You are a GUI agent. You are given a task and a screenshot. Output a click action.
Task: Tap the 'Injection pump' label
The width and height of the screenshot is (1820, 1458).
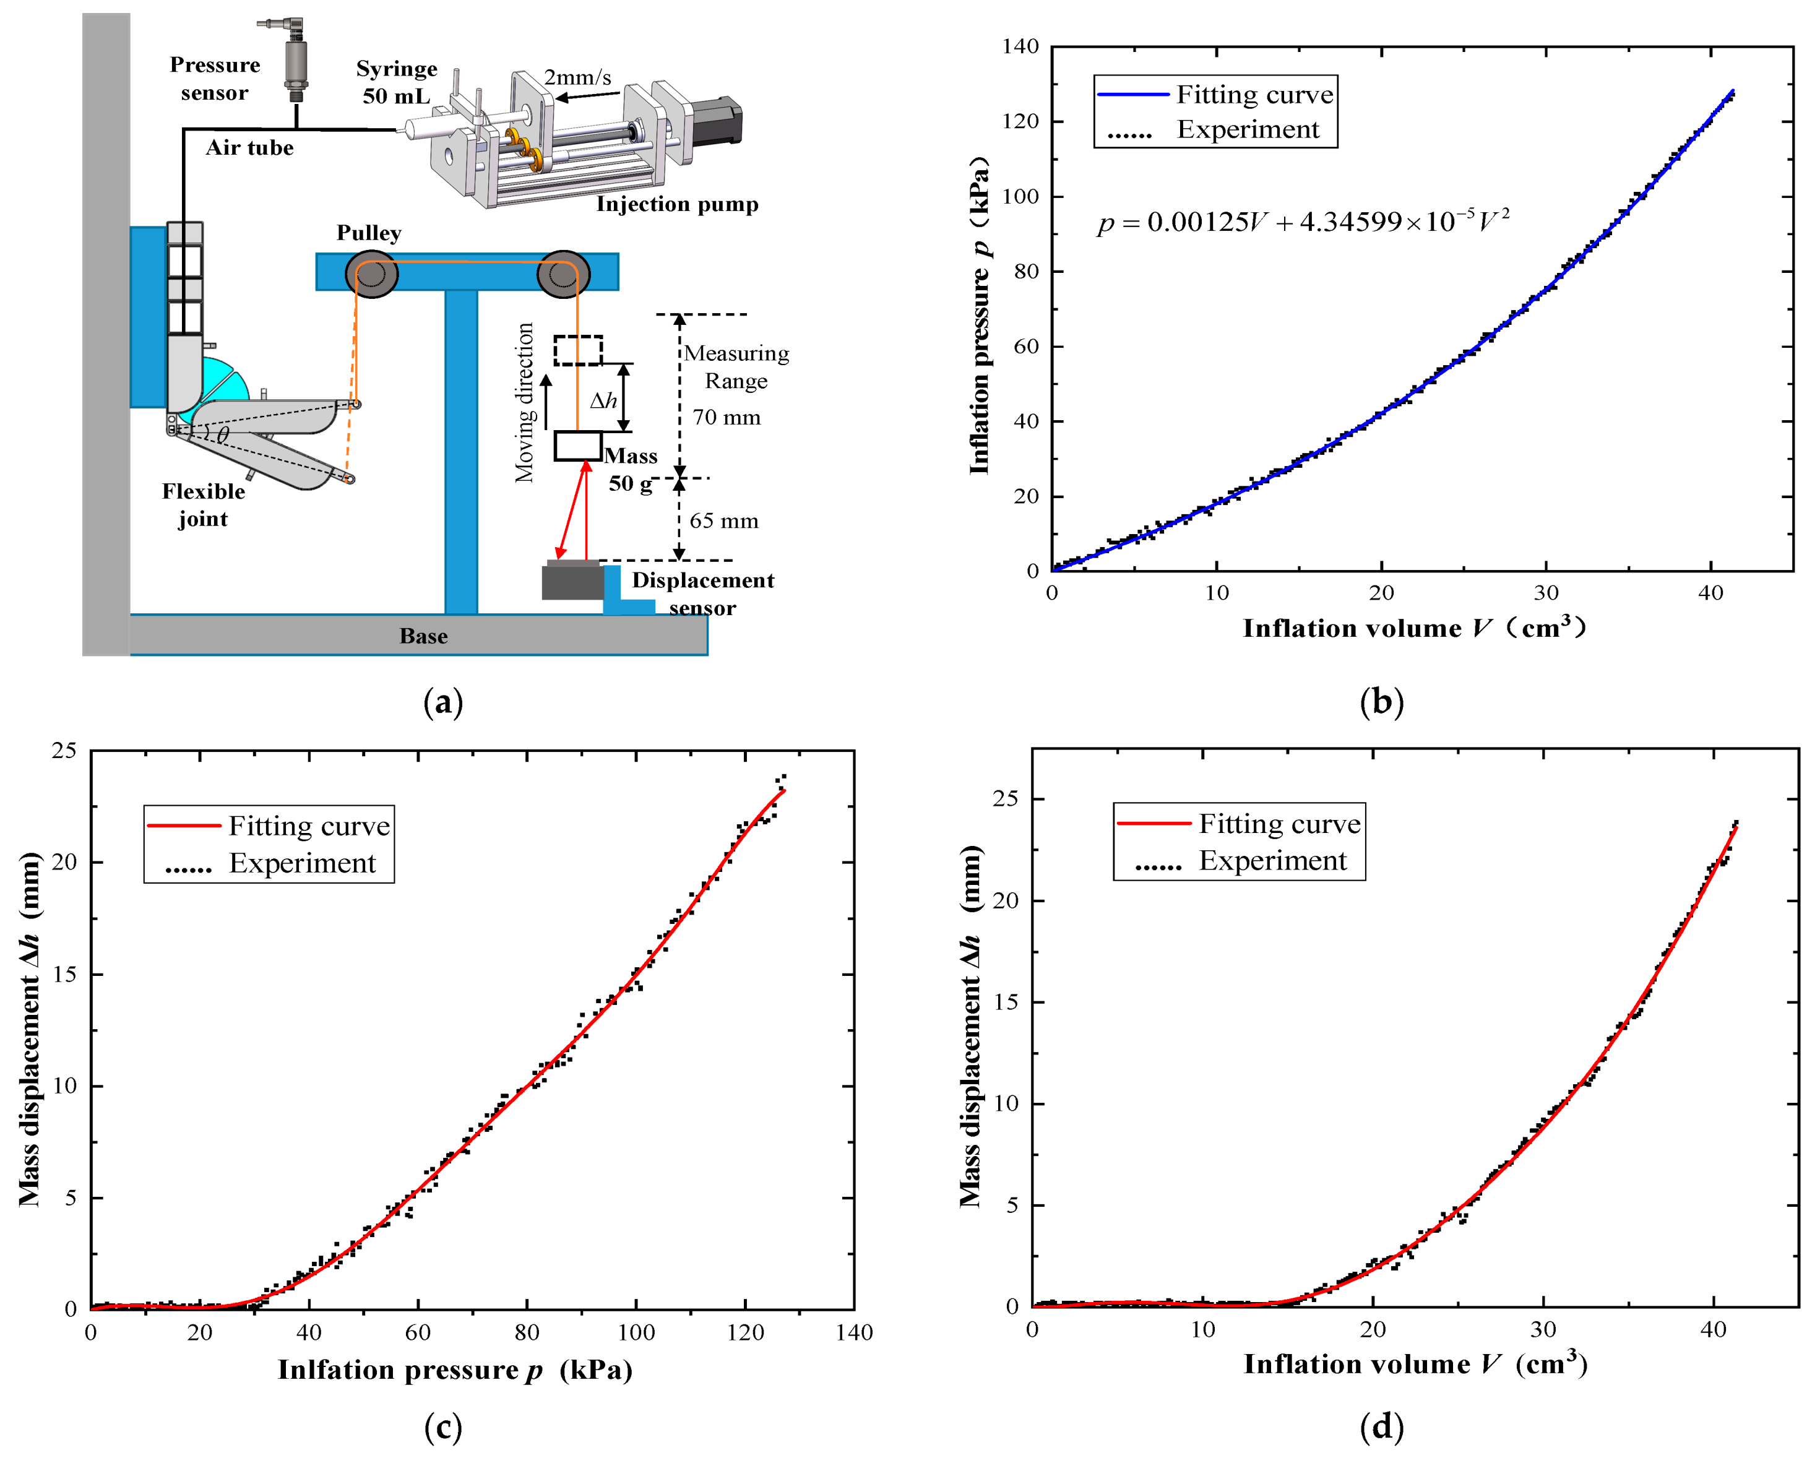pyautogui.click(x=677, y=204)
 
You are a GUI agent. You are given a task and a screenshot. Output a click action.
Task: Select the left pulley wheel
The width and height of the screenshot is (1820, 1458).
pyautogui.click(x=371, y=274)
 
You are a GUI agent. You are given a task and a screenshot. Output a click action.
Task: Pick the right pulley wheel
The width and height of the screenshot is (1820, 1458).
pyautogui.click(x=563, y=274)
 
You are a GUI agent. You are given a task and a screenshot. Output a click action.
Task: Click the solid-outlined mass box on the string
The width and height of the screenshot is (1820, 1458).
pyautogui.click(x=578, y=446)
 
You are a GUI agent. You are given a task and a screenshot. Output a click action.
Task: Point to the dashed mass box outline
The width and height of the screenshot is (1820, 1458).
pyautogui.click(x=578, y=350)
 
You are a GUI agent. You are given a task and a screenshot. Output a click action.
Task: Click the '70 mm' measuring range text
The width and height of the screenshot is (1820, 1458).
pyautogui.click(x=726, y=418)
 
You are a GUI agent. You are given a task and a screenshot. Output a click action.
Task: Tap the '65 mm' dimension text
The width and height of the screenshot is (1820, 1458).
pyautogui.click(x=723, y=521)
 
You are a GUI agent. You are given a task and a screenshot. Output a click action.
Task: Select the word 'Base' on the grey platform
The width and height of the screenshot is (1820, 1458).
pyautogui.click(x=423, y=637)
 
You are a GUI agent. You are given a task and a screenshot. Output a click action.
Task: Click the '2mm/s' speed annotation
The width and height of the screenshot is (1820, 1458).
pyautogui.click(x=577, y=78)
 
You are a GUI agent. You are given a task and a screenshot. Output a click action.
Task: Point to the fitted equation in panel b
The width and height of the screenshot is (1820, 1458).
pyautogui.click(x=1303, y=222)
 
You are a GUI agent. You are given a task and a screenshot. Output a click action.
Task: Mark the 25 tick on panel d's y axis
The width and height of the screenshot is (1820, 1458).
pyautogui.click(x=1006, y=799)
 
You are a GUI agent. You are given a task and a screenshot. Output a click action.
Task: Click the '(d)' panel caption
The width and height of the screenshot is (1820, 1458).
pyautogui.click(x=1382, y=1427)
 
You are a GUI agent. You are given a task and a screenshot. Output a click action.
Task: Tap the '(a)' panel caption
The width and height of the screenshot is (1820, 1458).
pyautogui.click(x=443, y=702)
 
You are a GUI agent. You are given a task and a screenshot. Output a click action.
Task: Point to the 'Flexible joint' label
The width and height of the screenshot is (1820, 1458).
pyautogui.click(x=204, y=505)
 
